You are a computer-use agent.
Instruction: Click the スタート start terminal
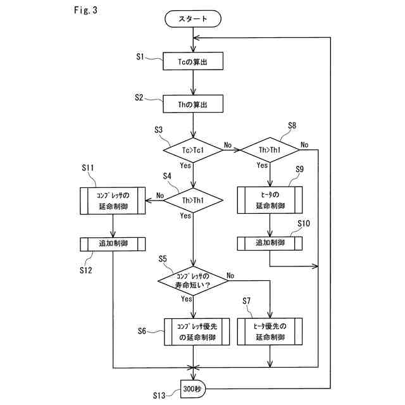coord(194,20)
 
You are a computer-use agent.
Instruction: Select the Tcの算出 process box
coord(194,62)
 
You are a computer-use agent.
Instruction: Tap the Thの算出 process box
coord(194,104)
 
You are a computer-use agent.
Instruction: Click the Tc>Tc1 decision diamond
coord(194,150)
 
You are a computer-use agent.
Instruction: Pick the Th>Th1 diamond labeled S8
coord(270,150)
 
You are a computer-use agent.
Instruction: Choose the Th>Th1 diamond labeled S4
coord(194,200)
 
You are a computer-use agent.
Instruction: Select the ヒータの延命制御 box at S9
coord(270,200)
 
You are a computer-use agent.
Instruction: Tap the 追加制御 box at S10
coord(270,243)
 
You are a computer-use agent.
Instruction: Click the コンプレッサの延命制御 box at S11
coord(113,200)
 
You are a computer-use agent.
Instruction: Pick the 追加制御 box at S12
coord(113,244)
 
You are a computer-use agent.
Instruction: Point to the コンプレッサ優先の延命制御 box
coord(194,332)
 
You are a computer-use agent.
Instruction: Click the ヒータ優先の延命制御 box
coord(270,332)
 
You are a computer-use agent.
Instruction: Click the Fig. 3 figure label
coord(86,11)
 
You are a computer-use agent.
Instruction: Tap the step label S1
coord(142,57)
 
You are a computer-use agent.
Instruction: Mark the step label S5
coord(163,259)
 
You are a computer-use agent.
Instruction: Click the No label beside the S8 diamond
coord(304,144)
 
